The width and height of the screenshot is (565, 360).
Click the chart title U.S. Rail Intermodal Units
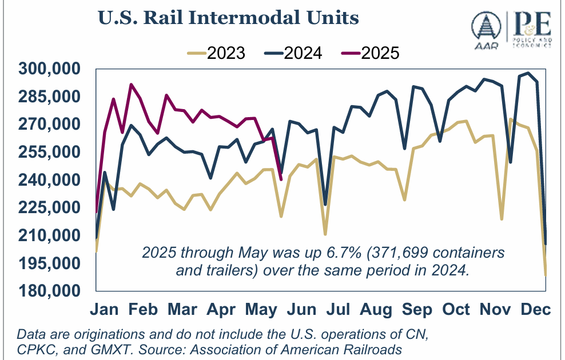coord(228,18)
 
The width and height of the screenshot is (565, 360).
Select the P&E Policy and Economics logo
coord(532,31)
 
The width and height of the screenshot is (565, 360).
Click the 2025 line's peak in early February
coord(132,85)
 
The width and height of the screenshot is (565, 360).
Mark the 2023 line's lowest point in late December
coord(546,276)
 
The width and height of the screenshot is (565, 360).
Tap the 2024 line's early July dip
coord(325,205)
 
